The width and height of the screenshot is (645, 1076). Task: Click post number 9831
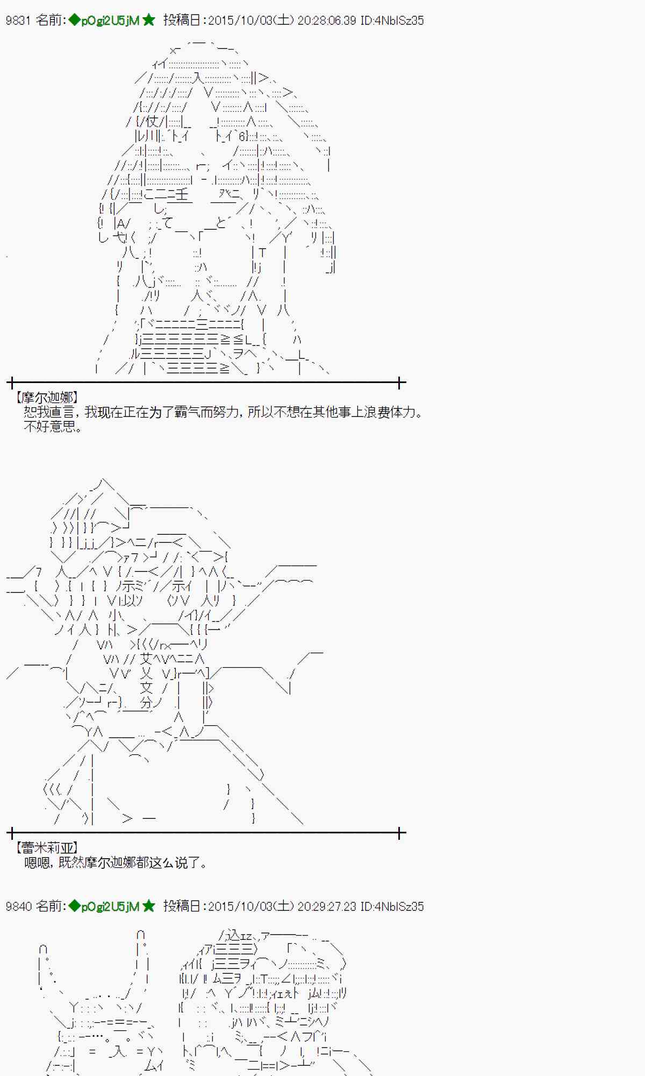click(x=18, y=20)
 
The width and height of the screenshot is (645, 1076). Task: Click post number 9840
click(x=18, y=907)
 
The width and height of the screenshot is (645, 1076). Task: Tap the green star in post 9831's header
click(x=149, y=20)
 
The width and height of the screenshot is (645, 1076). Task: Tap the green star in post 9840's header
click(x=149, y=907)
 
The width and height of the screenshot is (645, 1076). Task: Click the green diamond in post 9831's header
click(x=74, y=20)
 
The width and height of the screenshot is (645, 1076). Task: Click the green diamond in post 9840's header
click(x=74, y=907)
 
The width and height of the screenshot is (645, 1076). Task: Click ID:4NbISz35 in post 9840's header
click(x=392, y=907)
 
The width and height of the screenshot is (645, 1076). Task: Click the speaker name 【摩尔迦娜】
click(x=47, y=398)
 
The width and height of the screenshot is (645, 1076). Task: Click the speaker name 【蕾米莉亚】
click(x=47, y=848)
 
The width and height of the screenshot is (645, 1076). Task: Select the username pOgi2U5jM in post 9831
click(x=110, y=20)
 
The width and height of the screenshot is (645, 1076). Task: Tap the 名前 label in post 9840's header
click(x=50, y=907)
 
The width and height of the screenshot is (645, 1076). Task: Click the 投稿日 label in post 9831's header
click(x=183, y=20)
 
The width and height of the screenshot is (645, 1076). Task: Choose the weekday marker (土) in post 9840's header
click(x=283, y=907)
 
